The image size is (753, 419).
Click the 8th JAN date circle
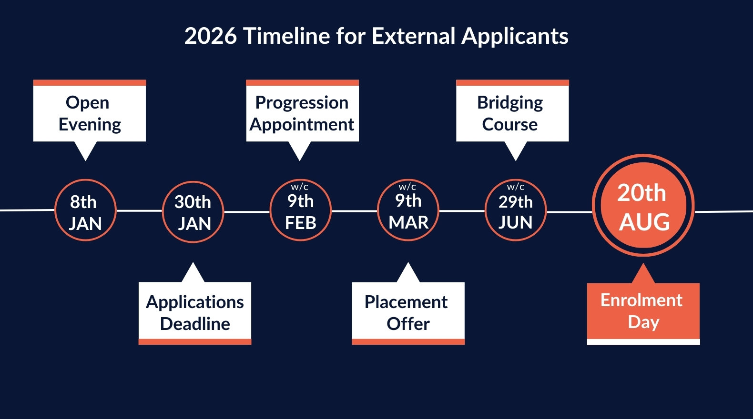click(x=85, y=210)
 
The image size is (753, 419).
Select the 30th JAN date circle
click(x=193, y=211)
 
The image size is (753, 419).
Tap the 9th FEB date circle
click(x=301, y=210)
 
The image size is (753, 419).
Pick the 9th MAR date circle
click(x=408, y=210)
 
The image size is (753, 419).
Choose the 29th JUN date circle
click(x=516, y=210)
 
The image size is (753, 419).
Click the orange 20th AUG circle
click(x=643, y=205)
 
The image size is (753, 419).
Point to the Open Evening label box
click(x=90, y=111)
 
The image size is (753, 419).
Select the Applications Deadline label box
click(x=195, y=313)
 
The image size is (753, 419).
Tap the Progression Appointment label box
click(x=303, y=111)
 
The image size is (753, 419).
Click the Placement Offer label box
click(x=408, y=313)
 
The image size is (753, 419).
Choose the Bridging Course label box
click(x=512, y=111)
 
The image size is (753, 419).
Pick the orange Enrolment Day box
click(x=643, y=314)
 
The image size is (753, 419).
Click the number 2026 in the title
click(x=211, y=36)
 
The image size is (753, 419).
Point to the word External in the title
click(x=414, y=36)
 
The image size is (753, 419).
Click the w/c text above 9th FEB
click(x=299, y=187)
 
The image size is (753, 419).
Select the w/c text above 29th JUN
click(x=515, y=187)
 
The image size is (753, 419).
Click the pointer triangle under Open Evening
click(x=85, y=150)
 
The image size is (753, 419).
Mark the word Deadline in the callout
click(x=195, y=324)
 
